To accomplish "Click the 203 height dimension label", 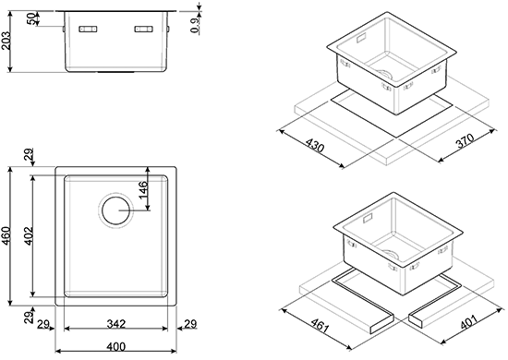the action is pos(6,41).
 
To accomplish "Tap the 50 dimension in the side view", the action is pos(31,18).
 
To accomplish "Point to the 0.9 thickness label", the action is pos(194,25).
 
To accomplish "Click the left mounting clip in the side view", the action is pos(88,30).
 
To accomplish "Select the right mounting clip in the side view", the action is pos(143,30).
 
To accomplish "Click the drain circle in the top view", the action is pos(115,210).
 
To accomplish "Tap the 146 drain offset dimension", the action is pos(142,190).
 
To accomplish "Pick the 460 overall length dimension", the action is pos(6,235).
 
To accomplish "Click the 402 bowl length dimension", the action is pos(29,235).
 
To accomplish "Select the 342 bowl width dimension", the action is pos(116,323).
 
